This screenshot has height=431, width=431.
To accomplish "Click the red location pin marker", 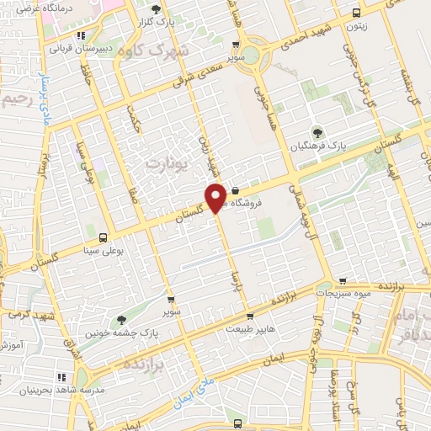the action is [x=215, y=197].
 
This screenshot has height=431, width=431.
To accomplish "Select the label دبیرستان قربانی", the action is [x=81, y=49].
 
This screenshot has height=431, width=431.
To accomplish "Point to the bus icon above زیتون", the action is [x=357, y=13].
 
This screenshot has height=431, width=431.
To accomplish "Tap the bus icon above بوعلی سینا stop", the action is [x=104, y=237].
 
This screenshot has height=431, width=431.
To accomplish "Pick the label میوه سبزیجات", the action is [x=343, y=295].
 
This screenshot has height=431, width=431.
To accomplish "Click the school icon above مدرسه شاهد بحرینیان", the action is [x=61, y=378].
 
